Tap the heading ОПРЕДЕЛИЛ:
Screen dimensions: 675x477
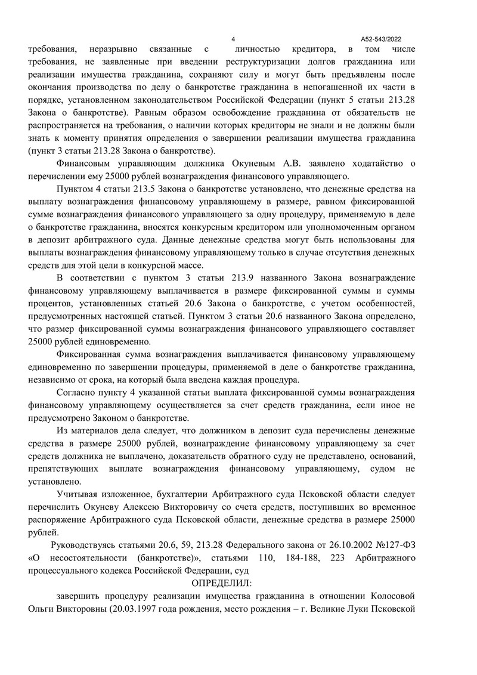(x=222, y=582)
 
